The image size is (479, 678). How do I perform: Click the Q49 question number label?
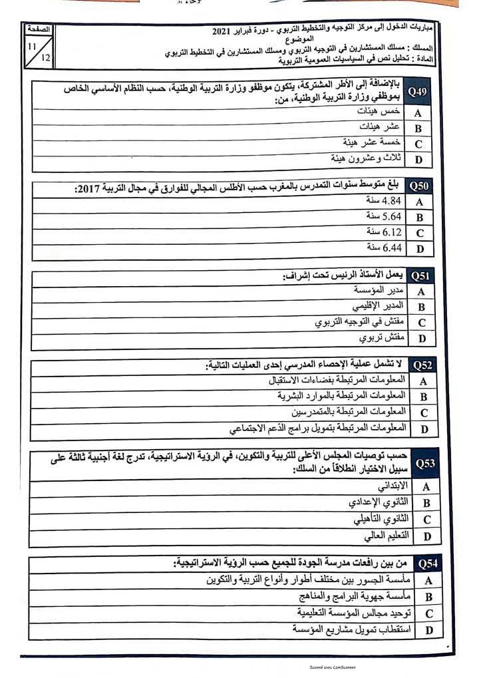[417, 92]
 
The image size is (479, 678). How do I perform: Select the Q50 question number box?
[419, 187]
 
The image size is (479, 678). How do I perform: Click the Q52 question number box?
[422, 365]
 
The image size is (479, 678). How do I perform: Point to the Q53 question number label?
[425, 462]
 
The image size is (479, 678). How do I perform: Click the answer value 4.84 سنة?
[384, 201]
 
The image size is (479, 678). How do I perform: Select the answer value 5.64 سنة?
[384, 216]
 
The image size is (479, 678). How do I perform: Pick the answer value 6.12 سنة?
[384, 232]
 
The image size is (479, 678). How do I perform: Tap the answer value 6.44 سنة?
[384, 248]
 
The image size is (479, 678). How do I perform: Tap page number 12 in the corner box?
[45, 58]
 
